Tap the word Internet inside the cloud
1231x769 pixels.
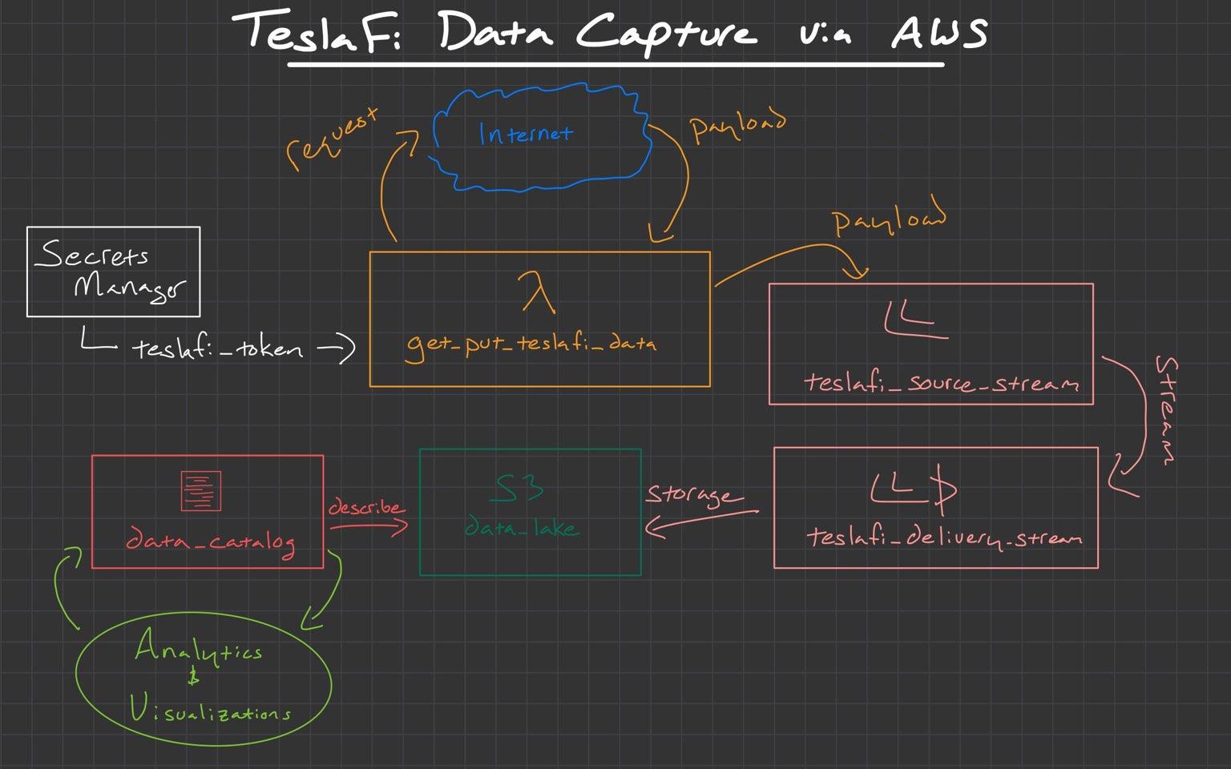click(x=526, y=133)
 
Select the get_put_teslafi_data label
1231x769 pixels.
click(x=531, y=344)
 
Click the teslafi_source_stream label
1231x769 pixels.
click(x=941, y=383)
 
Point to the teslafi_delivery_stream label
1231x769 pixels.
click(x=943, y=537)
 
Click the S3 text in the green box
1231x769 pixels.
click(x=518, y=488)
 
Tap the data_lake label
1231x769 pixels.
click(x=522, y=528)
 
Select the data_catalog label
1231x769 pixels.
click(x=210, y=542)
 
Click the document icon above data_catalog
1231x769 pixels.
click(x=200, y=491)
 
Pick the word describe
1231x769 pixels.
click(x=365, y=508)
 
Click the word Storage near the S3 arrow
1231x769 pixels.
click(x=688, y=495)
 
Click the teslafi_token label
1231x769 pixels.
click(x=217, y=348)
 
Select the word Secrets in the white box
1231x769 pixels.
click(x=92, y=255)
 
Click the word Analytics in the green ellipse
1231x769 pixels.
click(x=197, y=649)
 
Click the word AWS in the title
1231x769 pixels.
click(x=939, y=34)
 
